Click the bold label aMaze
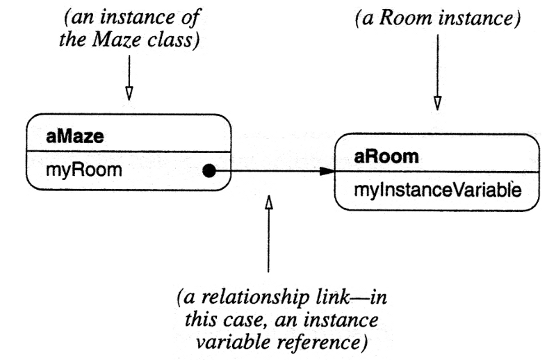pyautogui.click(x=74, y=136)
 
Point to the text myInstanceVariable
pyautogui.click(x=437, y=190)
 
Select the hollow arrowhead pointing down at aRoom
pyautogui.click(x=436, y=102)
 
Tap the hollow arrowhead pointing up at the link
pyautogui.click(x=269, y=202)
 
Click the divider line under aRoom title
pyautogui.click(x=436, y=171)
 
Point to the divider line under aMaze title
pyautogui.click(x=129, y=152)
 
